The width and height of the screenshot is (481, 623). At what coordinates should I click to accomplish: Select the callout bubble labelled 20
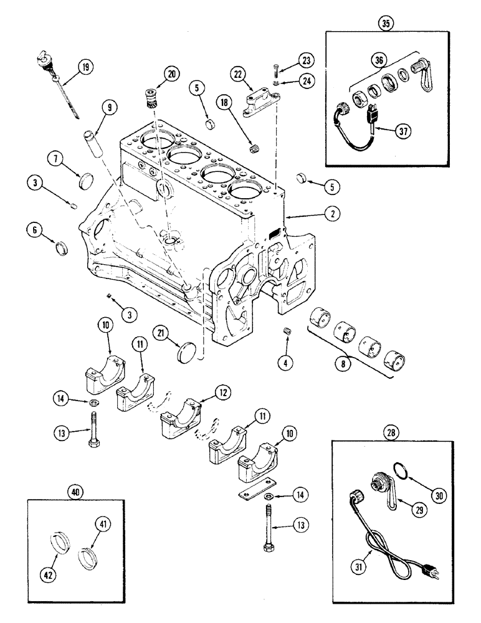tap(170, 74)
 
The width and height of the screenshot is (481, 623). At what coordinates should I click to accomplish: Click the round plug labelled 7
tap(90, 182)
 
